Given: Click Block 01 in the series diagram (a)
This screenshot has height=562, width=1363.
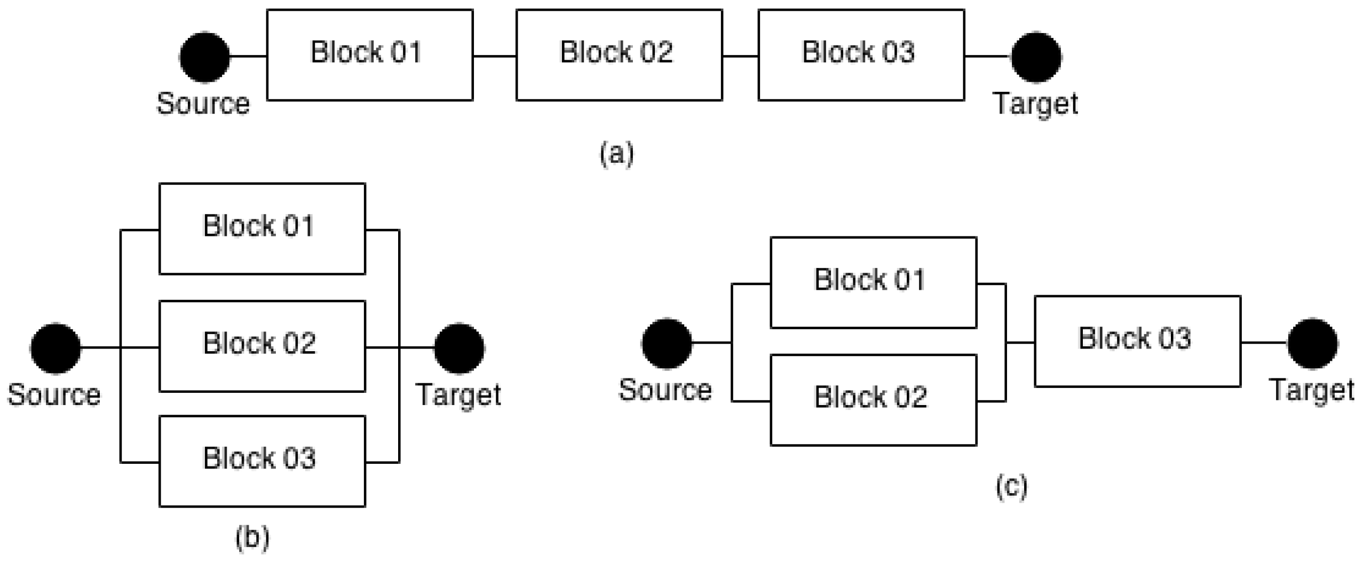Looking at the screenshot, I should (x=369, y=54).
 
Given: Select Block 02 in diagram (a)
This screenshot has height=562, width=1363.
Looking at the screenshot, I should (x=619, y=54).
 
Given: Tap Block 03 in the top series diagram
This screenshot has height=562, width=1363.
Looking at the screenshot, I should (x=861, y=54).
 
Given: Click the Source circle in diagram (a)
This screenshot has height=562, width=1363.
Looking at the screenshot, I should (x=204, y=57).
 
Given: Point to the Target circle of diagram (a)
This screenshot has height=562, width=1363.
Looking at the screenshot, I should (x=1036, y=57).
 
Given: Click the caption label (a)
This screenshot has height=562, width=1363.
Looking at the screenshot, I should (x=616, y=153).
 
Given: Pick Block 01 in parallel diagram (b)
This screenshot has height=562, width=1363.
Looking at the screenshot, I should (x=262, y=228).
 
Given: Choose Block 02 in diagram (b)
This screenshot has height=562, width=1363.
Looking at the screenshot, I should (x=262, y=346).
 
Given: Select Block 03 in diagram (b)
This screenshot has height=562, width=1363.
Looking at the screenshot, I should (x=262, y=461).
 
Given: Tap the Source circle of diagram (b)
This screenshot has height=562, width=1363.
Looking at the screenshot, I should (x=56, y=348).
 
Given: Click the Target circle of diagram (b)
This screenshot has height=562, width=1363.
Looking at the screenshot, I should (x=459, y=348).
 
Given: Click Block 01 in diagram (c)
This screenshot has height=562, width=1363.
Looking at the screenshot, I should (x=873, y=282).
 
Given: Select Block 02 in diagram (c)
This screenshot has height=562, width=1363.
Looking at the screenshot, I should (x=873, y=400).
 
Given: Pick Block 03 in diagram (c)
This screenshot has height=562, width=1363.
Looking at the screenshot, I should (x=1137, y=341).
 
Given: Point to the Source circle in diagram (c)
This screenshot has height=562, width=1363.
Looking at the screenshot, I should (x=667, y=343).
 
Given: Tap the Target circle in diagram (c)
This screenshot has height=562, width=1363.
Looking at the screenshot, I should (x=1312, y=343).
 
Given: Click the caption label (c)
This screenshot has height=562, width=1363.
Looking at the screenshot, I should (x=1011, y=486).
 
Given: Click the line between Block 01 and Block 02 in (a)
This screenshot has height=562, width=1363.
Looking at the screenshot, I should (x=494, y=56).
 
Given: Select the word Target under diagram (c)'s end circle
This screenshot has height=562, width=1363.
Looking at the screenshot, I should (x=1312, y=390).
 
